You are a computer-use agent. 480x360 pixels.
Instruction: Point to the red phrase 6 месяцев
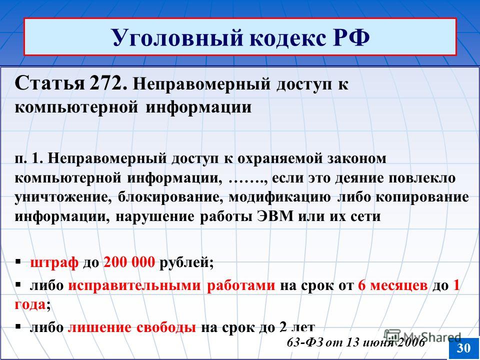click(x=392, y=285)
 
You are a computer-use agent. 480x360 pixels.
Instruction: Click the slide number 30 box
click(x=464, y=348)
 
